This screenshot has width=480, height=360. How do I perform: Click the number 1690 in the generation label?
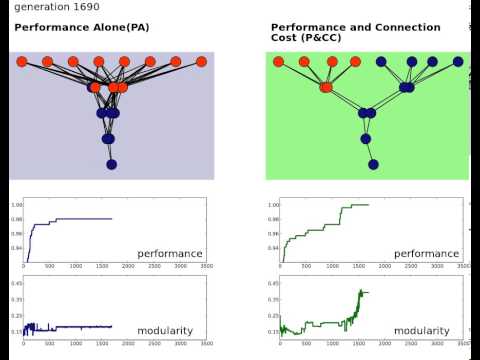95,7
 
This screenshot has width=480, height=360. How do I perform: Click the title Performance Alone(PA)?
82,27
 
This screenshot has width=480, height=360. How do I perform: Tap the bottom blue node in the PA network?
111,164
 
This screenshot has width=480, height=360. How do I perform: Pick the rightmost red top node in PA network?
201,62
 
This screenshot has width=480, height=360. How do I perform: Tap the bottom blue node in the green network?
373,164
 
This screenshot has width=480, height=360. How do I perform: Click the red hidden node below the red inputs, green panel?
326,87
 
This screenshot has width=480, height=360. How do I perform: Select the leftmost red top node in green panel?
279,62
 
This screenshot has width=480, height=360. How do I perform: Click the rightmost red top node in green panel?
357,62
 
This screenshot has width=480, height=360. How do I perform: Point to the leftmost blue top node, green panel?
382,62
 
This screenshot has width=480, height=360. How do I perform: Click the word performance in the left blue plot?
170,254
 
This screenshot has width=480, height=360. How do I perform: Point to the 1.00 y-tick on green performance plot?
273,205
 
